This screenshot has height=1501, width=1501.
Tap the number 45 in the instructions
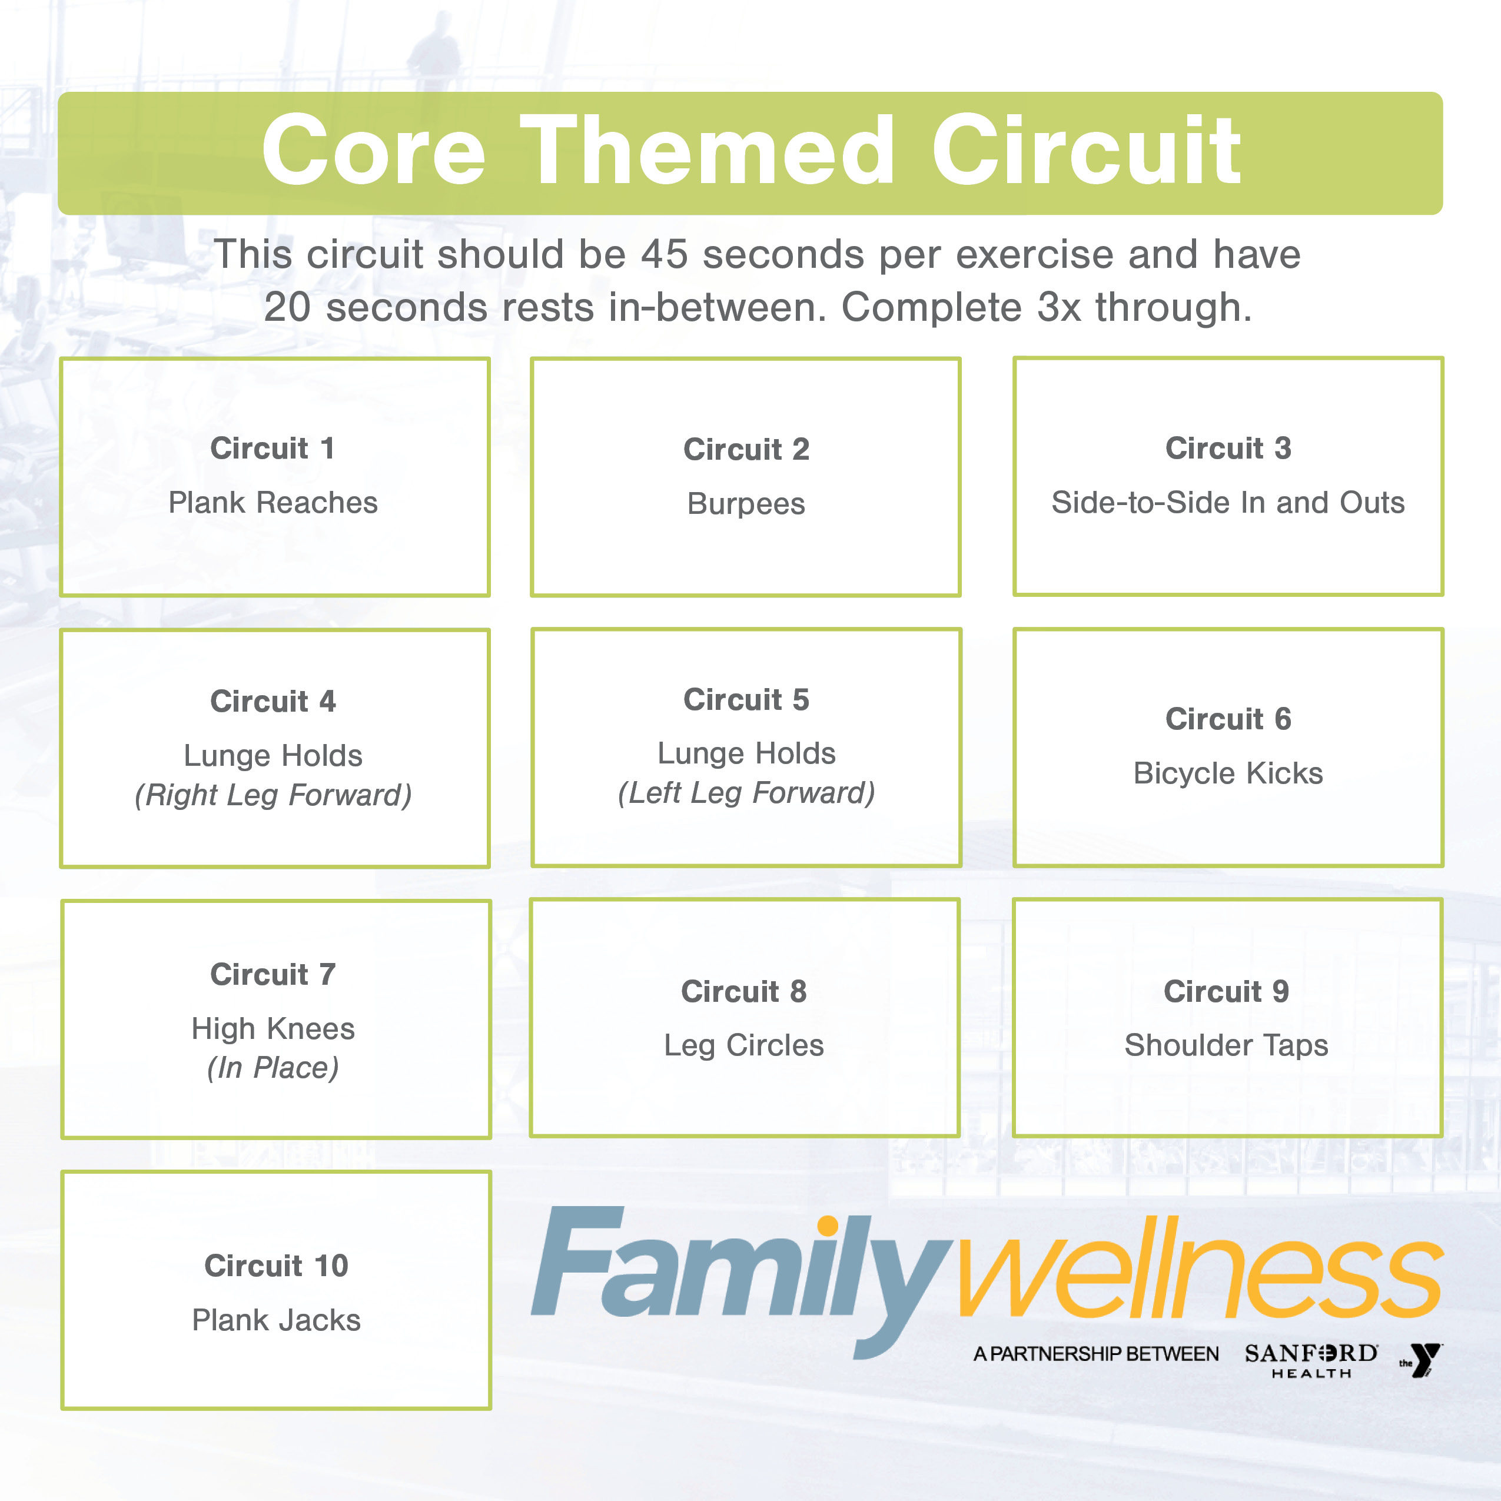(x=664, y=254)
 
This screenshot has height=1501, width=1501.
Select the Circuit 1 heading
(x=273, y=449)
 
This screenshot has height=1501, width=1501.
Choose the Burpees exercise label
(x=746, y=504)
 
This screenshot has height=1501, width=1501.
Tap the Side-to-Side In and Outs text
(x=1227, y=503)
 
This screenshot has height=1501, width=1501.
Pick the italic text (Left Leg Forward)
(x=746, y=792)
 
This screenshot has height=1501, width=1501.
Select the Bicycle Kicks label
(x=1227, y=773)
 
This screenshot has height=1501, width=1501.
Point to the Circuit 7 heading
(x=273, y=974)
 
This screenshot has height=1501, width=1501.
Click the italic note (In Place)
(x=273, y=1068)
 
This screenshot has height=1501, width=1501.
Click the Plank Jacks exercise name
(x=276, y=1320)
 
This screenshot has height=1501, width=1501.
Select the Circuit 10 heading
(x=276, y=1266)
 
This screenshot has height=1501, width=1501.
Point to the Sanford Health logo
(x=1311, y=1360)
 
